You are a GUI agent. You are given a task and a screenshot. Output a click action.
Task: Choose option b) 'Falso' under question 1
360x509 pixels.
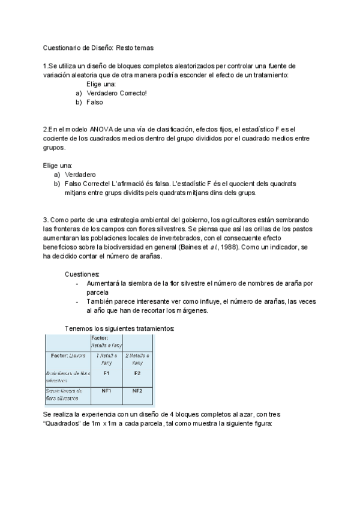tap(95, 102)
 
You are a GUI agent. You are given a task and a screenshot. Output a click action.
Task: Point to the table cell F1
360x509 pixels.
tap(106, 373)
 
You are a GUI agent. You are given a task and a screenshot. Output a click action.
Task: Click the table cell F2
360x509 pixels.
tap(137, 373)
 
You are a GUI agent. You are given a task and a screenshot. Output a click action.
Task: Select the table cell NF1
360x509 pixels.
tap(106, 391)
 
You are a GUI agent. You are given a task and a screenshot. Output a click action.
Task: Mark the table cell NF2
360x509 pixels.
tap(137, 391)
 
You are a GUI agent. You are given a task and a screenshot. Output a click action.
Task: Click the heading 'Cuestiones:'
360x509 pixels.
tap(82, 274)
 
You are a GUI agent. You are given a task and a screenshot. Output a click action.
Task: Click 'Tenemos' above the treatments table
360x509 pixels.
tap(79, 328)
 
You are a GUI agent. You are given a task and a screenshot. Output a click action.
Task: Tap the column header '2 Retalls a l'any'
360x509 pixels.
tap(137, 359)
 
